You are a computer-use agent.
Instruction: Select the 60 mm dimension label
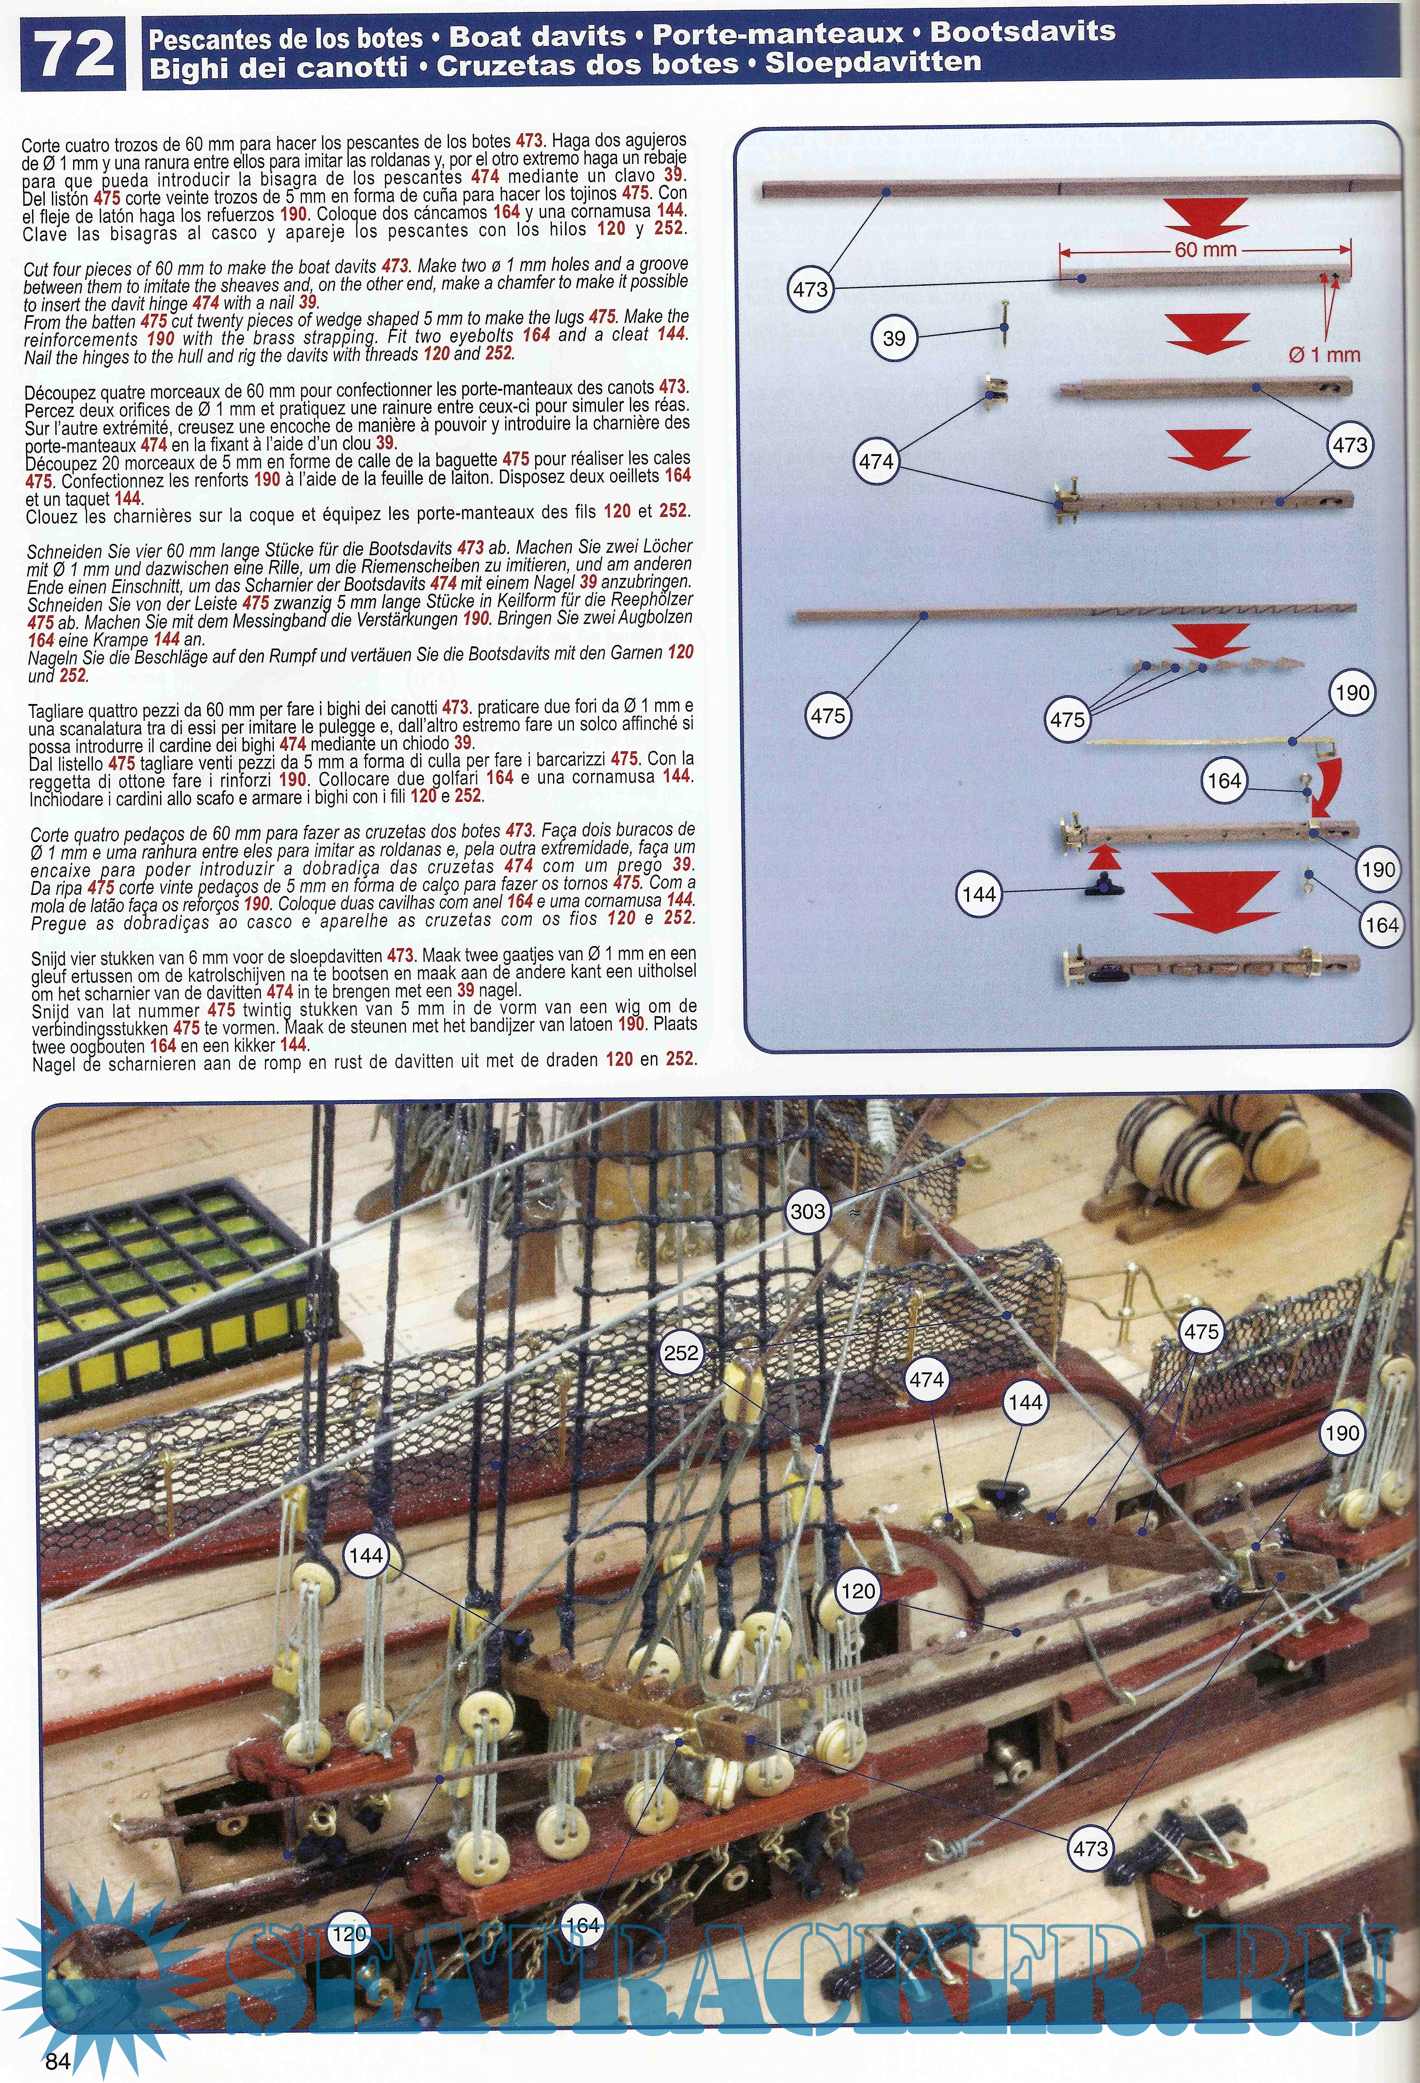(x=1206, y=250)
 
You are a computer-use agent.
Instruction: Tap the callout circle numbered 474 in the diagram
(x=876, y=462)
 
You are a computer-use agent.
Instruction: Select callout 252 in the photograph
(x=681, y=1353)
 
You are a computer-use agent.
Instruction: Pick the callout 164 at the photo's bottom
(x=582, y=1924)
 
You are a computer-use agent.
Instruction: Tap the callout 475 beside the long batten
(x=828, y=716)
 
